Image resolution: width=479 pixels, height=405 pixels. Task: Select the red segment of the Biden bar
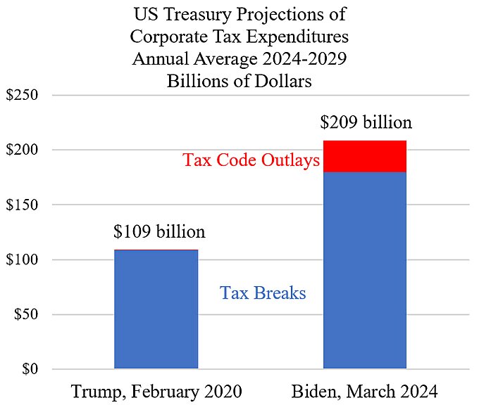pyautogui.click(x=365, y=156)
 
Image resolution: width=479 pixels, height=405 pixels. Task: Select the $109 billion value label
pyautogui.click(x=159, y=231)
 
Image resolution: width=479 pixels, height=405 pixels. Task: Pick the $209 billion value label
pyautogui.click(x=366, y=122)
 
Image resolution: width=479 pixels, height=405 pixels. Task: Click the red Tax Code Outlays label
pyautogui.click(x=251, y=160)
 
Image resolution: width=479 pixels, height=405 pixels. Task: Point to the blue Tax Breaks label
pyautogui.click(x=263, y=292)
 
